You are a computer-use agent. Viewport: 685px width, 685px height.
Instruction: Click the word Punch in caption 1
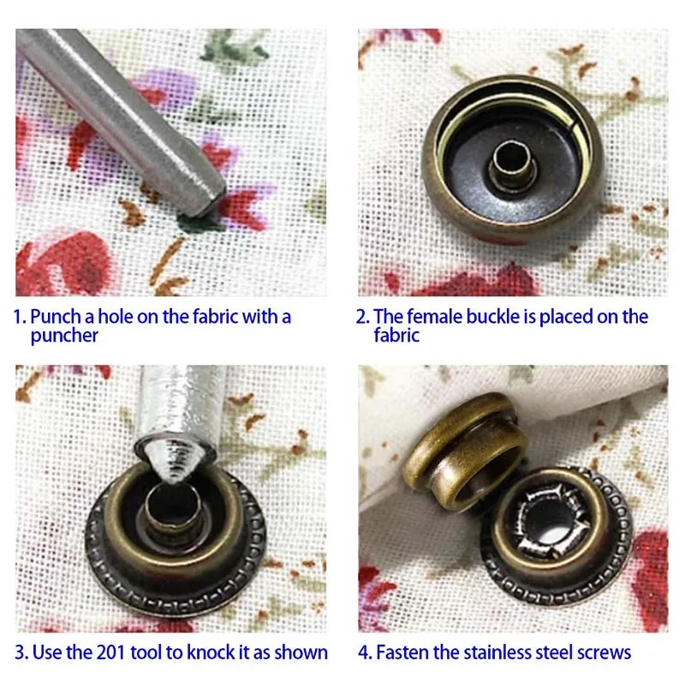[x=56, y=317]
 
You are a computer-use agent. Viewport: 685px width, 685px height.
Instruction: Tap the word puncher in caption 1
[x=64, y=336]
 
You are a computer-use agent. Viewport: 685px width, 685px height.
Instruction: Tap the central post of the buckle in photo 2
[x=512, y=165]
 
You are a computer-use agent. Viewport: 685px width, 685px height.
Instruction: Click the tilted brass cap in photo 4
[x=466, y=450]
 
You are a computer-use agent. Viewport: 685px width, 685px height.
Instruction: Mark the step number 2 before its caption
[x=362, y=317]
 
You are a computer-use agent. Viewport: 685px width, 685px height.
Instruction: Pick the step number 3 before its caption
[x=21, y=652]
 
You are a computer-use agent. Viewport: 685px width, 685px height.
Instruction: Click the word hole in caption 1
[x=116, y=317]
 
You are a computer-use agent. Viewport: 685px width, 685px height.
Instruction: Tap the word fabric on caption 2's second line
[x=396, y=336]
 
